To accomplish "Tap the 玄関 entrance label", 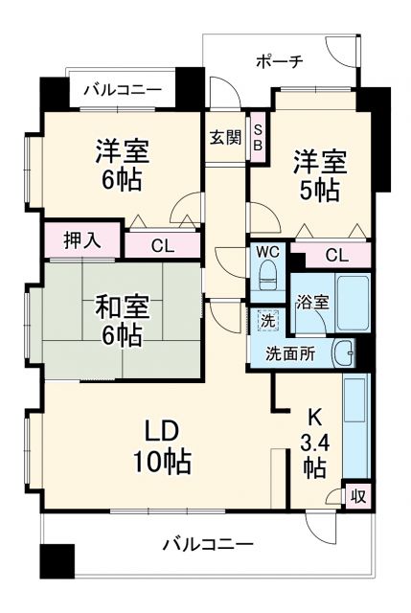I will click(226, 136).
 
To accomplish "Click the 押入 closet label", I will click(81, 239).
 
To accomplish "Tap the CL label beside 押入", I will click(162, 245).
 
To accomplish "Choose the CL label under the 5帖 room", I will click(335, 255).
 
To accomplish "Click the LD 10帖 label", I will click(160, 444).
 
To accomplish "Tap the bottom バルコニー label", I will click(207, 544).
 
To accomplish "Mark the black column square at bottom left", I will click(57, 559).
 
